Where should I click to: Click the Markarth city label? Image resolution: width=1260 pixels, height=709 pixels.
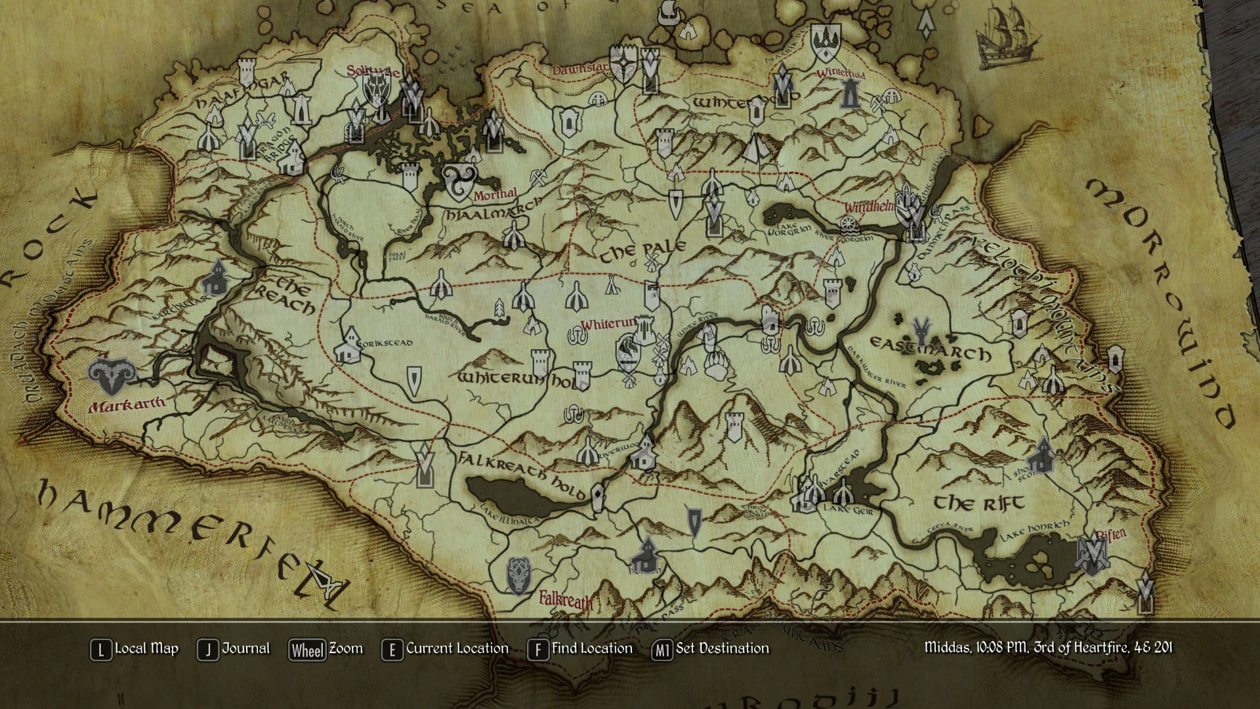click(x=127, y=404)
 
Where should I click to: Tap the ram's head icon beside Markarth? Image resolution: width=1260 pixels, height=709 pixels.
click(x=112, y=376)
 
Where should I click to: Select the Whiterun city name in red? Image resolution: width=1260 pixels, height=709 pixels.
click(x=608, y=324)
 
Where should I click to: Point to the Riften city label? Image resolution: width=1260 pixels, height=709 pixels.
click(x=1111, y=534)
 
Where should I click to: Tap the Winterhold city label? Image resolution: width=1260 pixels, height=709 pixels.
click(x=841, y=73)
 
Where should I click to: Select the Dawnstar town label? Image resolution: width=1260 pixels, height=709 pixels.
click(x=579, y=69)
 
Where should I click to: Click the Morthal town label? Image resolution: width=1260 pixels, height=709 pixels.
click(x=495, y=194)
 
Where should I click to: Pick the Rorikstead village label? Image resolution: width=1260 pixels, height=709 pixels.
click(x=387, y=343)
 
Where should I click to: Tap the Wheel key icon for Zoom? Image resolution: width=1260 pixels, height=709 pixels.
click(x=307, y=650)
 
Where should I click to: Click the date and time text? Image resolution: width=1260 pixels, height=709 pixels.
click(x=1048, y=648)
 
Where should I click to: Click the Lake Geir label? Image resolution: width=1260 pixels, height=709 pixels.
click(x=849, y=509)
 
